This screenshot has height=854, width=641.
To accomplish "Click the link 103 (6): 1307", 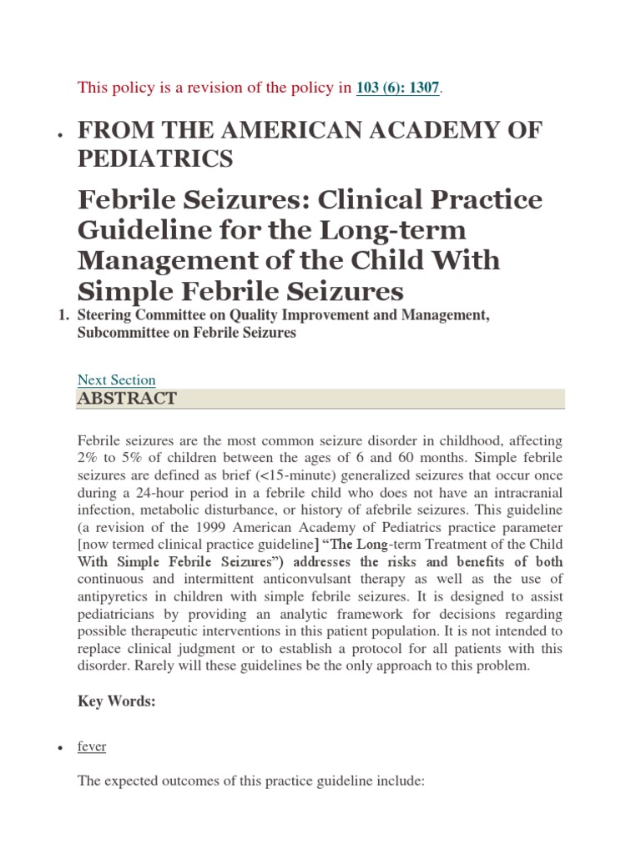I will point(397,88).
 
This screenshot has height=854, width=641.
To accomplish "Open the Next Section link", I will point(116,379).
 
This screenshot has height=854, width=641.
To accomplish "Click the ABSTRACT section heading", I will point(127,399).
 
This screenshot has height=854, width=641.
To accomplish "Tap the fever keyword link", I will point(92,746).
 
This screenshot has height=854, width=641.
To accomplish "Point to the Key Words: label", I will point(117,701).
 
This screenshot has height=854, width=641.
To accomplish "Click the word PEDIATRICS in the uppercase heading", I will point(155,158).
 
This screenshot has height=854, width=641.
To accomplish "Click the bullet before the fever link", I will point(59,748).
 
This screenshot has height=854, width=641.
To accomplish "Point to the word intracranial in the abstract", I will point(529,495).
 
